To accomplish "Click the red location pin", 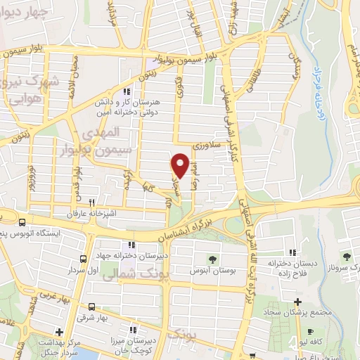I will tap(180, 165).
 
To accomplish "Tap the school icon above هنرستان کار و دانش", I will tap(126, 91).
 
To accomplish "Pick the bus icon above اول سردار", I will tap(84, 259).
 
